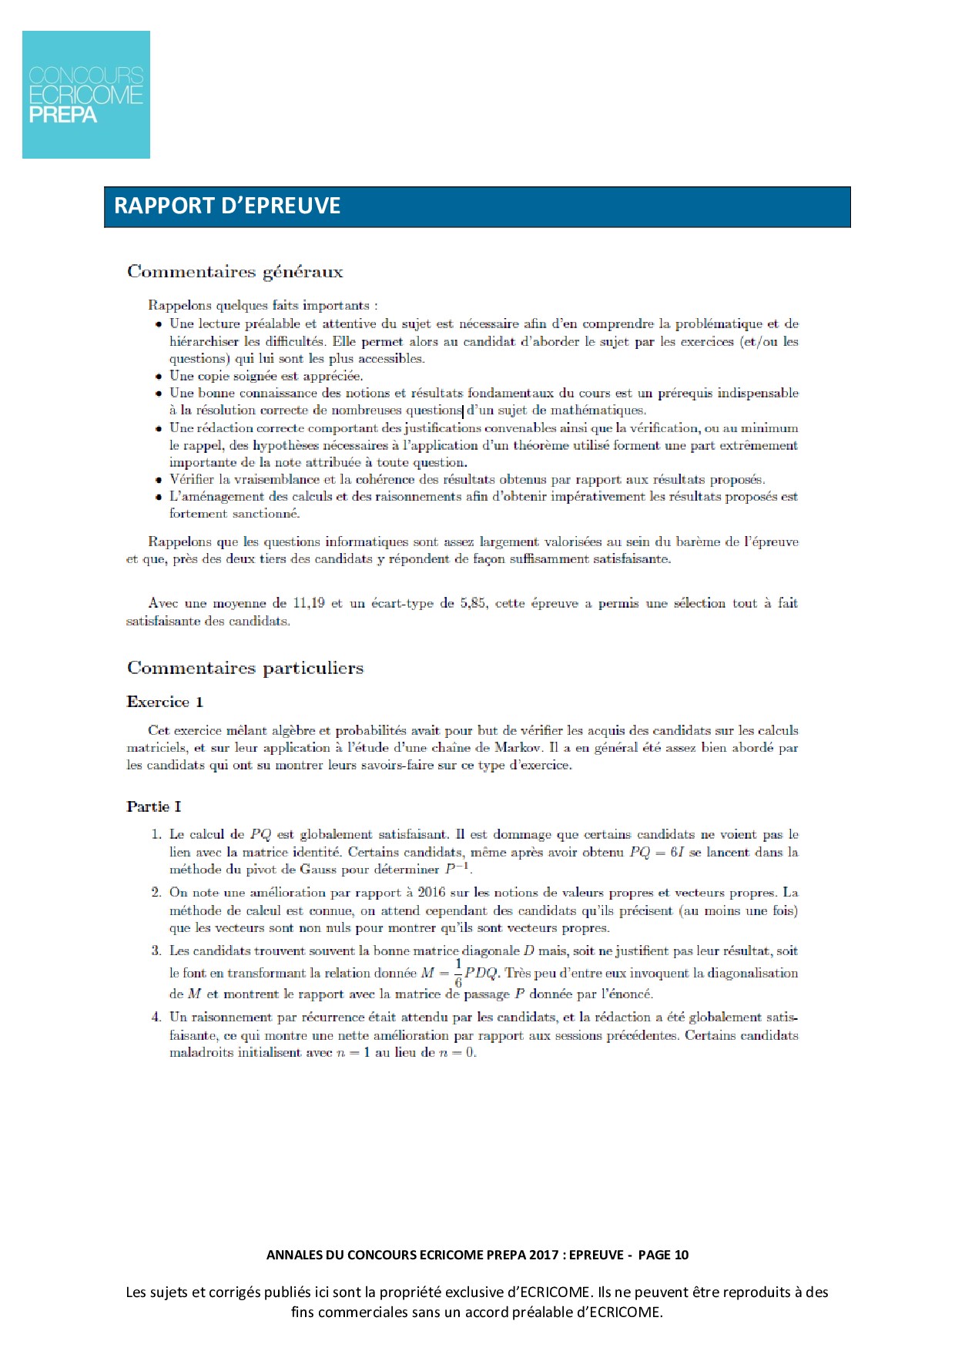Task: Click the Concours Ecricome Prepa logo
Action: coord(86,95)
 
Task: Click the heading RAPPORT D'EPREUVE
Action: coord(227,206)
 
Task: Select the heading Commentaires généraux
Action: coord(235,271)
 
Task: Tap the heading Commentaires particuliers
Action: coord(245,668)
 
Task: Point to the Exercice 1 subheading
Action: coord(165,702)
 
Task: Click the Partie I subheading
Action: coord(154,806)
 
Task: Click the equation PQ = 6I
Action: coord(657,852)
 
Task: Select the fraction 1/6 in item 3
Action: coord(458,974)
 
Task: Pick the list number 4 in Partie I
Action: coord(156,1017)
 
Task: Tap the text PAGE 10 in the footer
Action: coord(664,1255)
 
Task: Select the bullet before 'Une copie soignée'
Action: coord(159,377)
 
